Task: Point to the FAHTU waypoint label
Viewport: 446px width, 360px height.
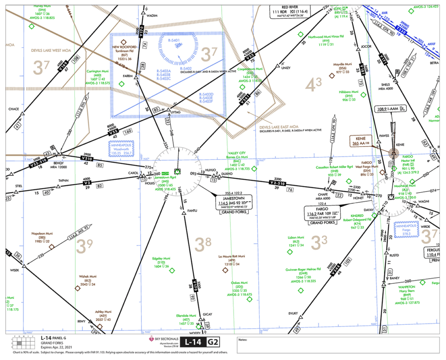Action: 192,211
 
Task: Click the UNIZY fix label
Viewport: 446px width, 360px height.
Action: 286,68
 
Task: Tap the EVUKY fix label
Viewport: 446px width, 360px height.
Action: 293,313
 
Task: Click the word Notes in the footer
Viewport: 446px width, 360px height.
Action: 243,339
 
